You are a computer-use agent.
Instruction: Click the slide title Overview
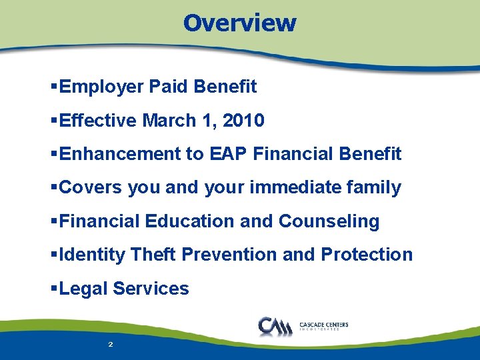click(x=239, y=23)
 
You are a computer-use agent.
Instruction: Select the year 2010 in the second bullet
click(x=243, y=121)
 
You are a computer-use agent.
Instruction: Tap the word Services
click(x=151, y=289)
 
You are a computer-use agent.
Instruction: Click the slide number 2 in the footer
click(x=110, y=345)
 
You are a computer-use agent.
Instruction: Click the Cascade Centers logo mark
click(x=274, y=327)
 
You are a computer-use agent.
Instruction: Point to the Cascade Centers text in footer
click(x=324, y=325)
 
